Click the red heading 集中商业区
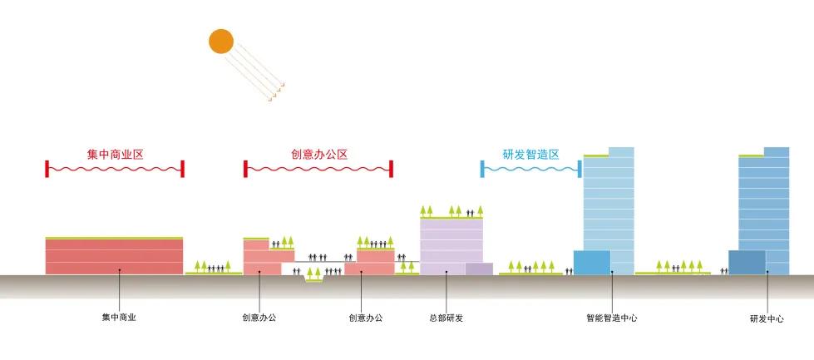115,155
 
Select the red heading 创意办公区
318,155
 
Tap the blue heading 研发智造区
530,155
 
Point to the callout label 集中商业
119,318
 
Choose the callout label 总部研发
446,318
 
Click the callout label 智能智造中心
612,318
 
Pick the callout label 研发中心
767,318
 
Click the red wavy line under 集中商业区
115,169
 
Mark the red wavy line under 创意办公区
318,169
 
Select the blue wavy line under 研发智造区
530,169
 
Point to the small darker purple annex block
479,268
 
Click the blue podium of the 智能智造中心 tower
591,262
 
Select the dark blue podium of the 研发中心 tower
747,262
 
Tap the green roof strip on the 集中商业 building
114,238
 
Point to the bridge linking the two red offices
320,262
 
